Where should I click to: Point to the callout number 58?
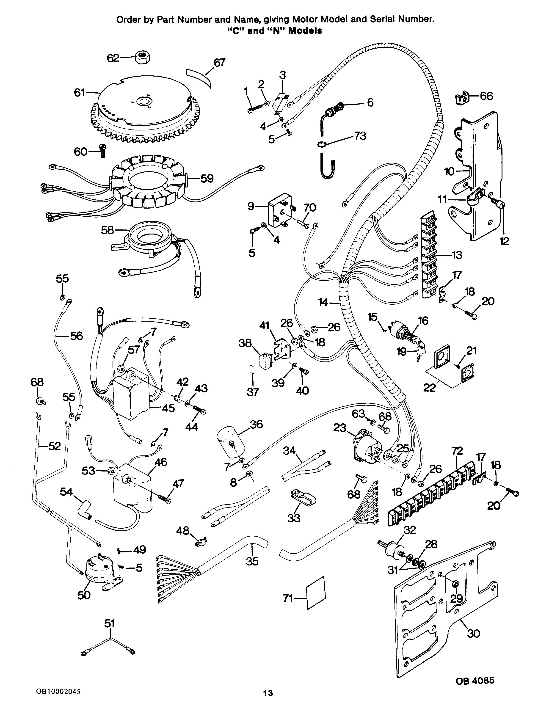pos(108,230)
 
